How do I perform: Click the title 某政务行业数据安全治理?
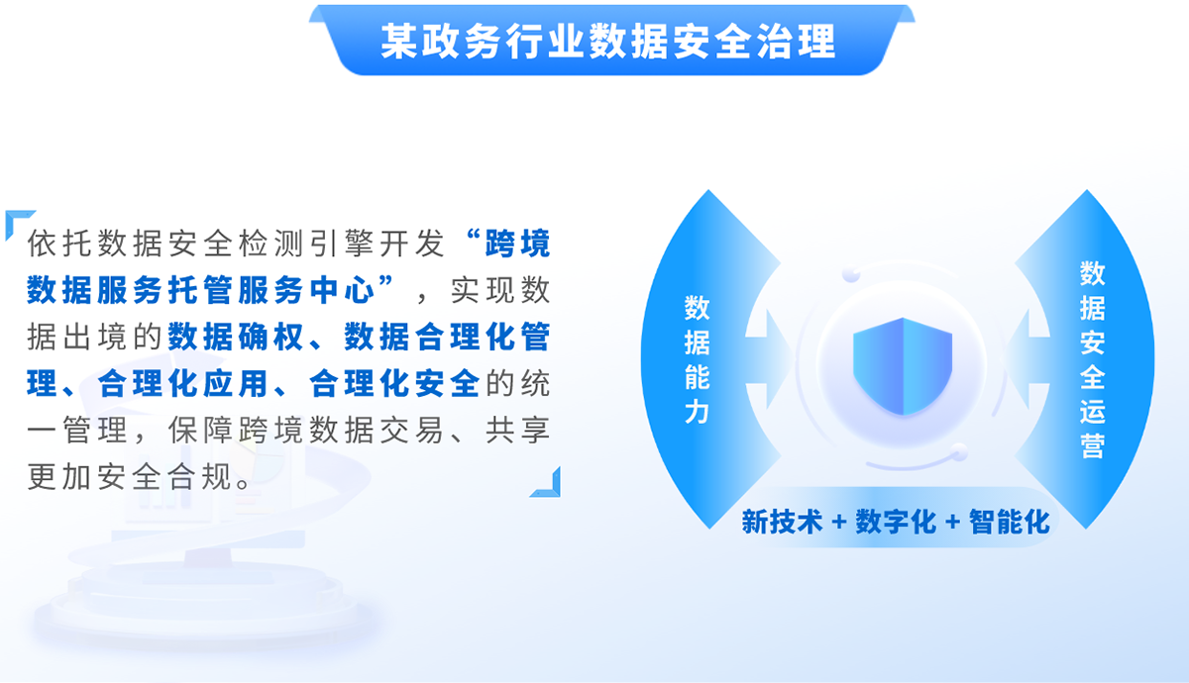608,41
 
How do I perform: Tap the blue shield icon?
903,366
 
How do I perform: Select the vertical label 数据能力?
697,359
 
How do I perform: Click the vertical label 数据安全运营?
1092,359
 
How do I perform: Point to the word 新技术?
782,522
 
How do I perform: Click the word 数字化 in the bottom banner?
896,522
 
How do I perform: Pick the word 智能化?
1009,522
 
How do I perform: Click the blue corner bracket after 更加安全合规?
549,487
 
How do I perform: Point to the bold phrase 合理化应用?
182,383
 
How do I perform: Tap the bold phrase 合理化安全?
394,383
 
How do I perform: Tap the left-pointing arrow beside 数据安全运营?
1027,359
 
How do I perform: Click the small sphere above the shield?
851,274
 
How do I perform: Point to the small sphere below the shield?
959,451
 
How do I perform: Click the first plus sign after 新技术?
838,522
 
